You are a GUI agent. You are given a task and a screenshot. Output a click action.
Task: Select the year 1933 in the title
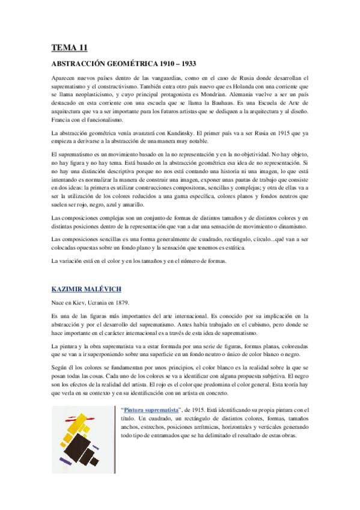pyautogui.click(x=186, y=63)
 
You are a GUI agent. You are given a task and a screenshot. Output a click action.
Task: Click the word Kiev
pyautogui.click(x=85, y=303)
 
